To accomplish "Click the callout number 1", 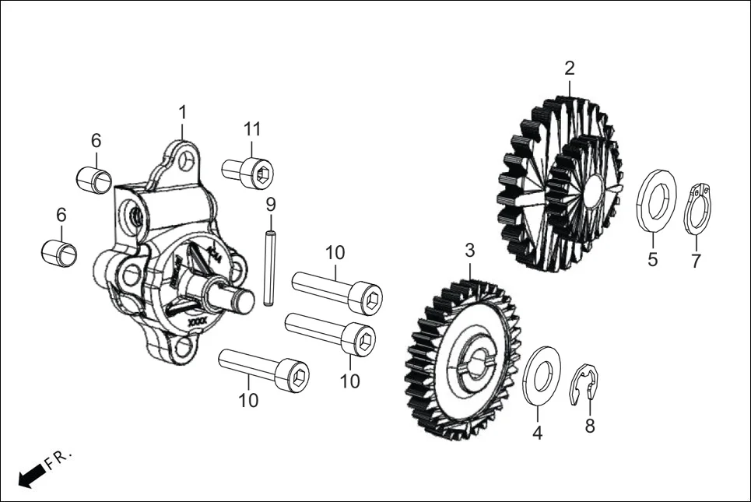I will point(182,113).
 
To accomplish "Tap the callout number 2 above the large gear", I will point(570,68).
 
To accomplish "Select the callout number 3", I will point(469,251).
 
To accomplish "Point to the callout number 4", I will point(537,433).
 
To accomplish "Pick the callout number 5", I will point(653,259).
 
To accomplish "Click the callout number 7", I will point(696,259).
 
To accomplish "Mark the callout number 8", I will point(589,426).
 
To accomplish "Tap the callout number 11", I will point(251,128).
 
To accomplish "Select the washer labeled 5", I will point(655,200).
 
